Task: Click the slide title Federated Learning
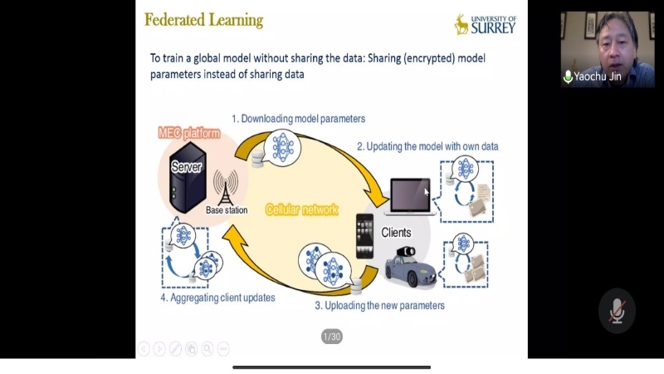203,20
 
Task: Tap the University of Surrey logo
486,24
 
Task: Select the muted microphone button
617,311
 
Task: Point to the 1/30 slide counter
331,337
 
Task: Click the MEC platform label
189,133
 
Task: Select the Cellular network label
301,210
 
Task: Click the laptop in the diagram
410,197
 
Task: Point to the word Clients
396,233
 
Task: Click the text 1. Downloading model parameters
298,119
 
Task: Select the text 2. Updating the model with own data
427,146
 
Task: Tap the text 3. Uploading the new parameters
379,305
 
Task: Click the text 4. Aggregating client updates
217,297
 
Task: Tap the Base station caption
227,210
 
